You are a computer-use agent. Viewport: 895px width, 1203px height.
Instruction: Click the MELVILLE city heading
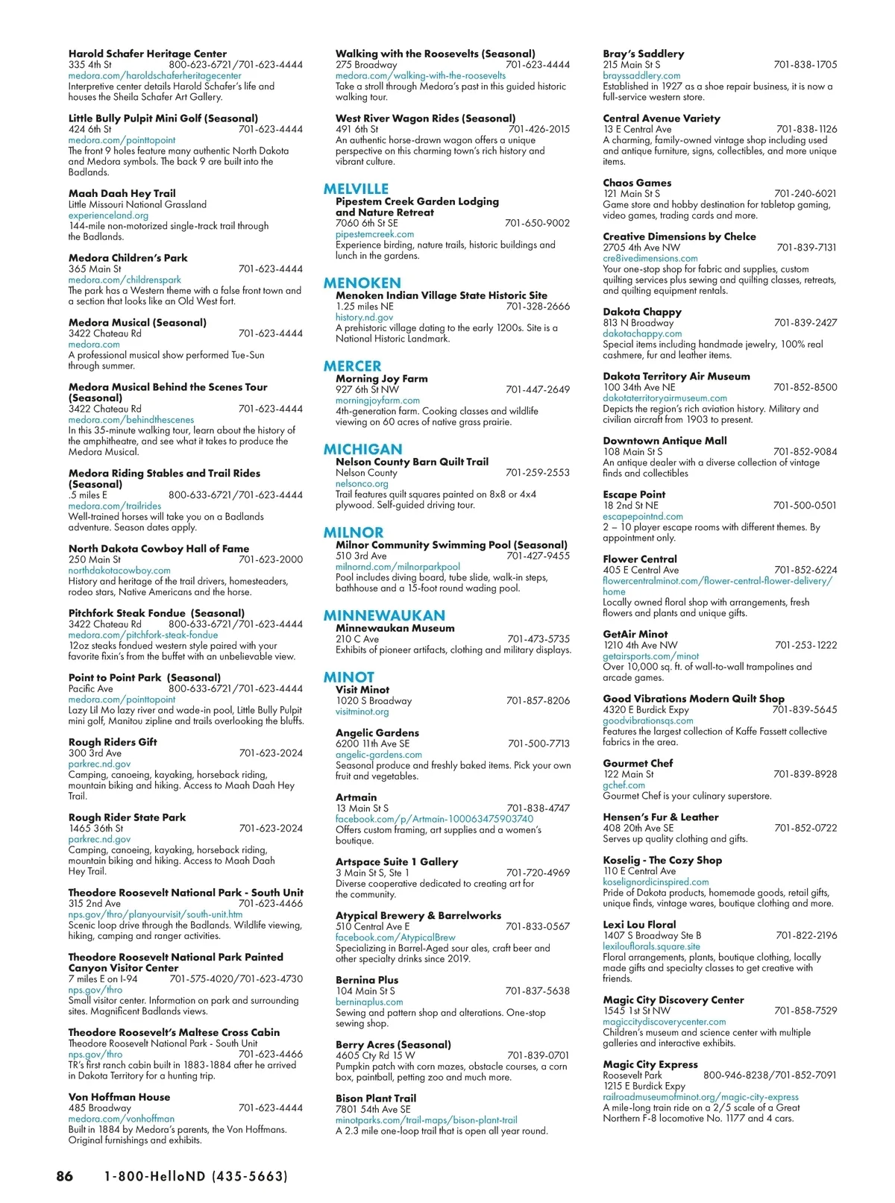click(356, 189)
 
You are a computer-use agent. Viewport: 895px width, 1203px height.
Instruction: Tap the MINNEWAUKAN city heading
click(384, 615)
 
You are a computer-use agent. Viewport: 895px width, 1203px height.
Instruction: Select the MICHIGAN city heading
click(362, 449)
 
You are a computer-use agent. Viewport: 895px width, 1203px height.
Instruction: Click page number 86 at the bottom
click(65, 1176)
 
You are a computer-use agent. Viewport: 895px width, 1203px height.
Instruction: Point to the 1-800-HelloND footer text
click(195, 1176)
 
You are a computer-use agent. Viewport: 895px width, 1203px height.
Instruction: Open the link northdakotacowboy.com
click(119, 571)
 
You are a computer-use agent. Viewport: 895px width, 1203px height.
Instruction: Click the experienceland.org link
click(108, 216)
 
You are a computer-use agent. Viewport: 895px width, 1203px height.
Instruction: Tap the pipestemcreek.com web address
click(374, 234)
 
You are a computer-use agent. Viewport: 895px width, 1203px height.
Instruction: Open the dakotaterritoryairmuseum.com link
click(665, 398)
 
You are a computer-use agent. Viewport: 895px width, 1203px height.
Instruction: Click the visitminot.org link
click(362, 712)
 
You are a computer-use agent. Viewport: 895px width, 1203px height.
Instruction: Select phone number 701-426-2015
click(538, 129)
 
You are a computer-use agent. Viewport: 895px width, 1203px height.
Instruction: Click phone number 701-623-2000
click(271, 559)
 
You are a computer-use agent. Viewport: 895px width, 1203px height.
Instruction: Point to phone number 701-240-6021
click(805, 194)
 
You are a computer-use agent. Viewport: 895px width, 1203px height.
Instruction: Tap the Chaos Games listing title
click(637, 183)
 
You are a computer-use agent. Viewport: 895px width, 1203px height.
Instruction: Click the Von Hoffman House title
click(119, 1097)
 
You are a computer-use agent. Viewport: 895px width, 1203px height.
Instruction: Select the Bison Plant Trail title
click(376, 1099)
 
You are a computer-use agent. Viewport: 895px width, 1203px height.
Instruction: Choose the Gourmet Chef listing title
click(638, 763)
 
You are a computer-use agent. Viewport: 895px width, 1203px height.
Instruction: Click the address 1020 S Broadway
click(374, 701)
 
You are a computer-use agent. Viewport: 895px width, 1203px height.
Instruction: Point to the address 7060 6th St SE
click(367, 223)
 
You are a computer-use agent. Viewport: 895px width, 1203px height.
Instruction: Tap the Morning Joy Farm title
click(382, 378)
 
